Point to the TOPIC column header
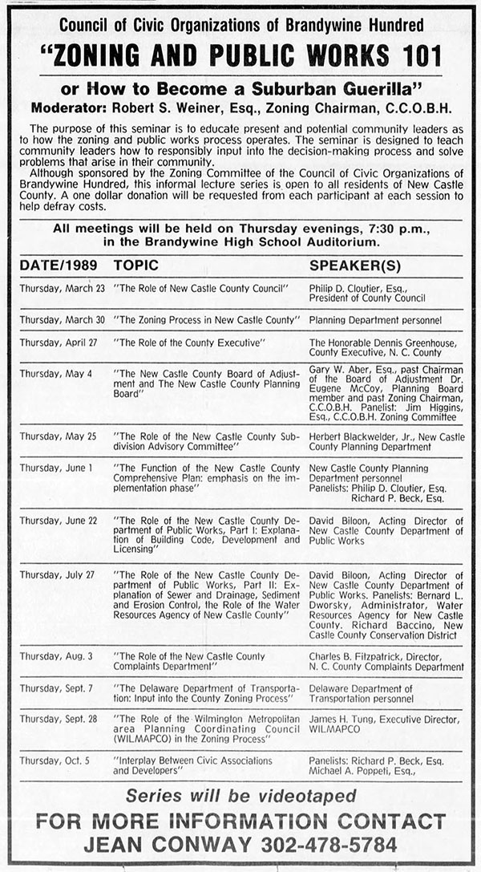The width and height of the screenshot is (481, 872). point(136,265)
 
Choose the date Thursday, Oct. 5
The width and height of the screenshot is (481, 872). point(55,760)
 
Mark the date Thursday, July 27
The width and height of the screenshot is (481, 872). point(58,574)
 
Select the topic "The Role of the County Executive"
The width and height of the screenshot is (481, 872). point(190,342)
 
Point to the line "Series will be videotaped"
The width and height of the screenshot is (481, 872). point(240,796)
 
